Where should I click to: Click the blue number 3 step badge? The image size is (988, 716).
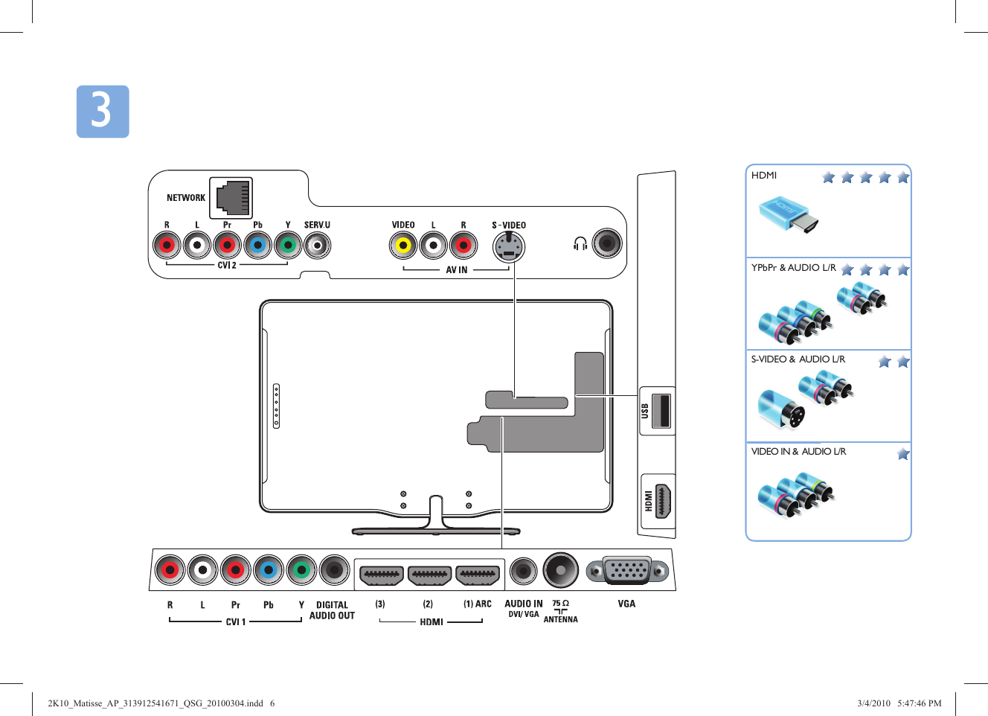[x=103, y=112]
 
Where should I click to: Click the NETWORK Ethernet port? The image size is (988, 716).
[x=232, y=198]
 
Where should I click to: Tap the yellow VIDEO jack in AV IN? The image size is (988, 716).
[x=403, y=245]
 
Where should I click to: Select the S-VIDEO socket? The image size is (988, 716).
[x=509, y=246]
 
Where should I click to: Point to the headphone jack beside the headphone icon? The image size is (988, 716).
[x=607, y=243]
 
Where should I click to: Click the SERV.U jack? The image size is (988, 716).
[x=318, y=245]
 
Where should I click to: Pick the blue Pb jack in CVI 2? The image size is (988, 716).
[x=257, y=245]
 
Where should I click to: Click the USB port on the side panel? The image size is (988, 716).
[x=661, y=410]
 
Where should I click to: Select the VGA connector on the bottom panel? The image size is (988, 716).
[x=627, y=571]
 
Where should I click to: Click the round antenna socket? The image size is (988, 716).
[x=560, y=571]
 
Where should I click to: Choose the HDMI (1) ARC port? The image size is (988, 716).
[x=477, y=575]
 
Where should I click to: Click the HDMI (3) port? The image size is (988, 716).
[x=382, y=575]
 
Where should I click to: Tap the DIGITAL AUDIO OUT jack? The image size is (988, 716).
[x=334, y=571]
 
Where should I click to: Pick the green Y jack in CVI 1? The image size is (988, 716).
[x=301, y=571]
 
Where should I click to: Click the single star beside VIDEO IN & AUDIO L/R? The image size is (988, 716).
[x=903, y=454]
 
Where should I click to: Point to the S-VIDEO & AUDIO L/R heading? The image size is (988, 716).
[x=798, y=359]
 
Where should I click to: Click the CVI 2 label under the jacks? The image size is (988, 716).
[x=227, y=265]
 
